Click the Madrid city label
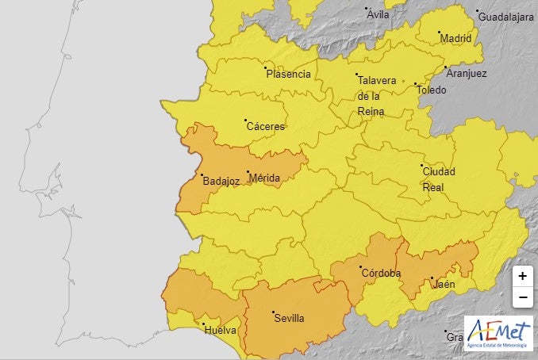click(x=455, y=38)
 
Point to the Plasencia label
click(x=288, y=74)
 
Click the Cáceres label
click(x=265, y=126)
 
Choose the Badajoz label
click(x=221, y=181)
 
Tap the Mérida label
click(x=264, y=178)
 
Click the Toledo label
click(x=432, y=90)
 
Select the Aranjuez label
click(x=467, y=73)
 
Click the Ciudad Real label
click(x=439, y=178)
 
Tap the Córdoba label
click(x=381, y=273)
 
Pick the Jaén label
click(x=444, y=284)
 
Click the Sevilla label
click(x=289, y=318)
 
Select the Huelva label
click(x=220, y=329)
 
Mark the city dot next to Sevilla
click(x=273, y=312)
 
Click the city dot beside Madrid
click(x=440, y=33)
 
